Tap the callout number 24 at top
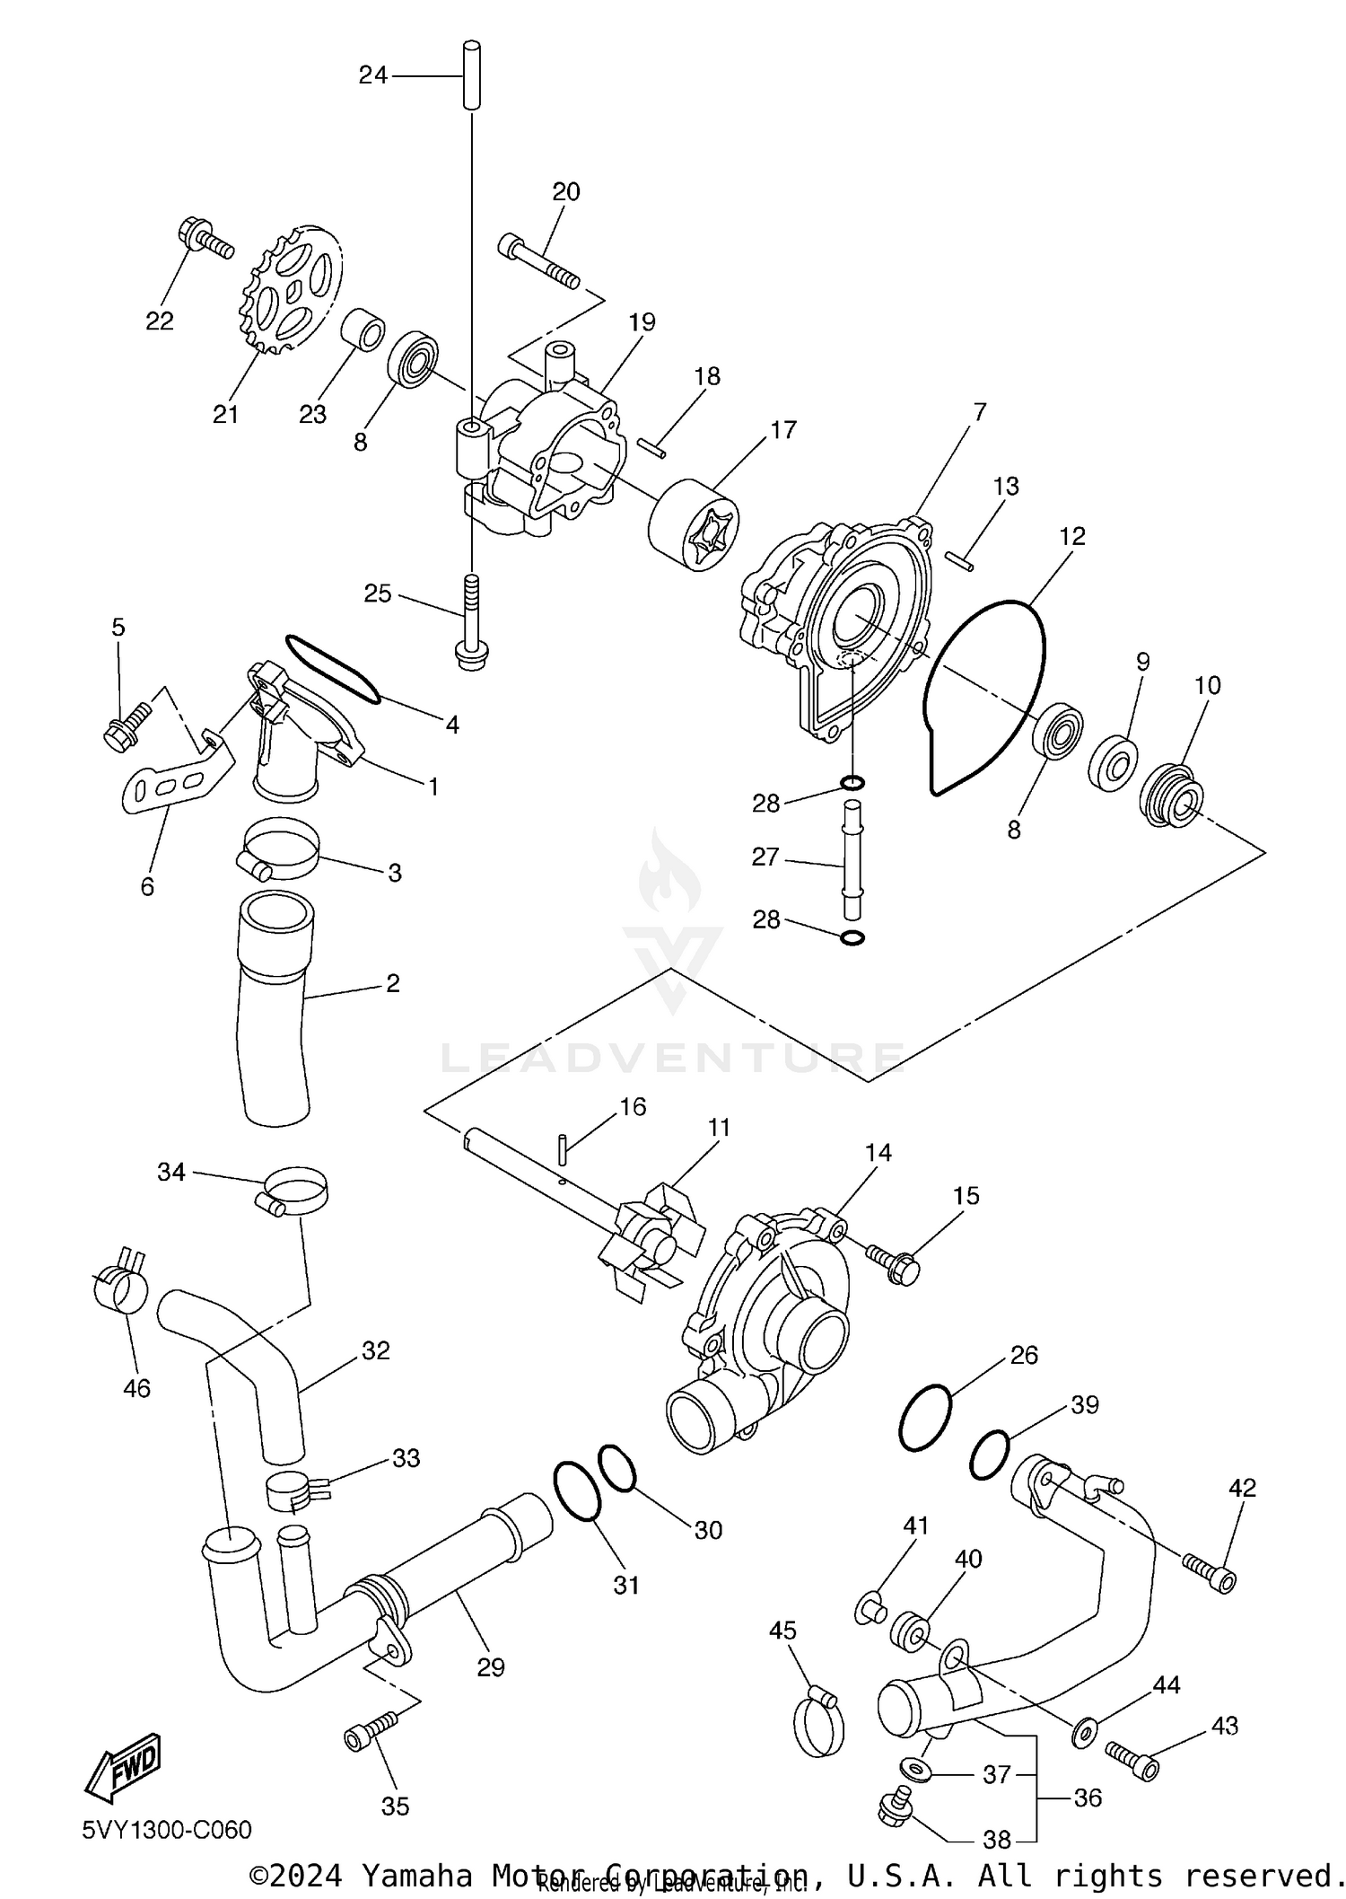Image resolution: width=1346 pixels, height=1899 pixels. pos(372,75)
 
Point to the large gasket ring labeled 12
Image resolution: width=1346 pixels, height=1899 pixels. pos(987,696)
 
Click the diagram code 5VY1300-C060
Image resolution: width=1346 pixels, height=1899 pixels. pos(167,1830)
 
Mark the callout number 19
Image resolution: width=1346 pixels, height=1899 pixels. pos(642,321)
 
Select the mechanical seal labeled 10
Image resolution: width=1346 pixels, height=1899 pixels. pos(1173,796)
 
